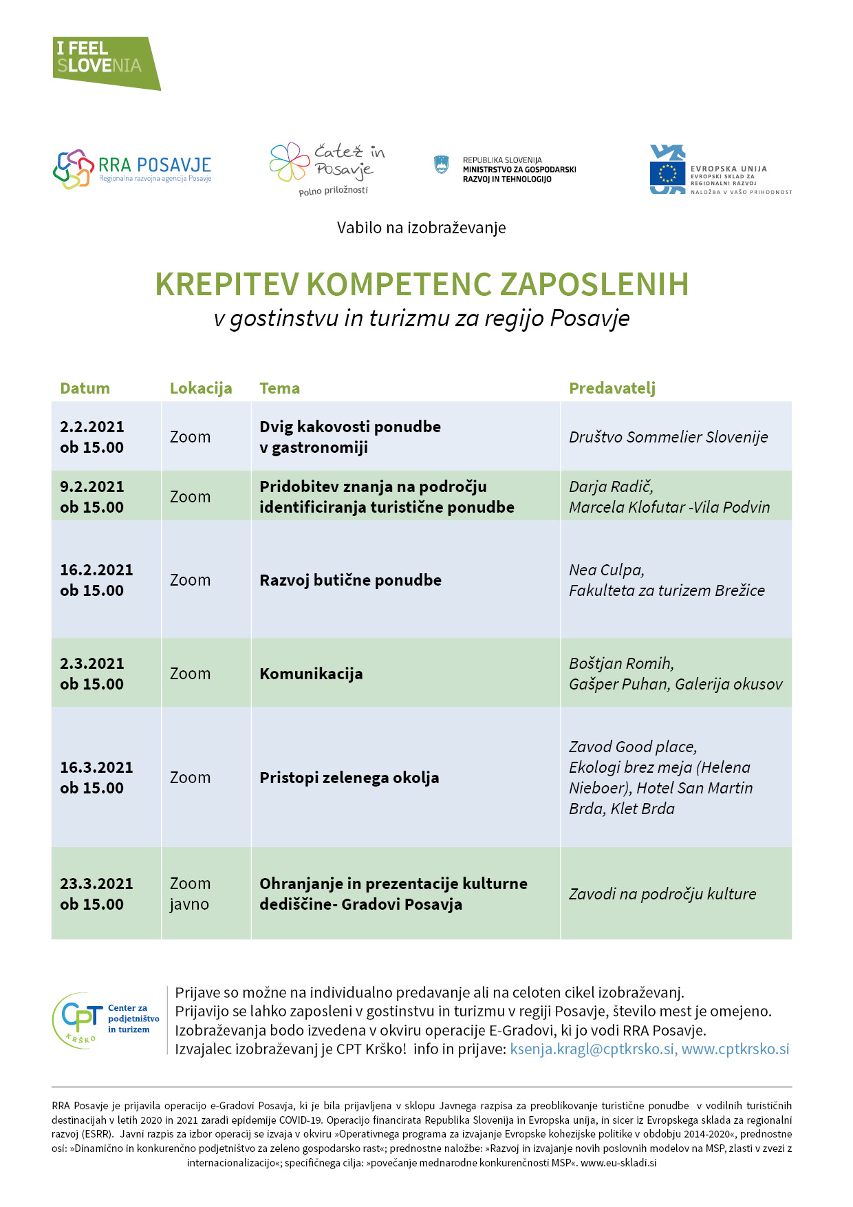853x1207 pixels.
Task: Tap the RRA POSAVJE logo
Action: coord(132,169)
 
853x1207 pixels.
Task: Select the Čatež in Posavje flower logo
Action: coord(290,162)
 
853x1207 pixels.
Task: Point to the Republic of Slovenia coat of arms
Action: coord(441,165)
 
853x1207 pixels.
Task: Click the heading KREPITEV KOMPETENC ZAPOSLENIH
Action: coord(422,284)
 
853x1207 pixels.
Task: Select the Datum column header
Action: coord(85,388)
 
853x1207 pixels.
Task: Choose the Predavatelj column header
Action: coord(612,388)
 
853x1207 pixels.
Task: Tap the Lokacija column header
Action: coord(200,388)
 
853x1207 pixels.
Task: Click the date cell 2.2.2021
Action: coord(91,427)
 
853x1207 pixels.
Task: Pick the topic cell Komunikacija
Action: coord(311,674)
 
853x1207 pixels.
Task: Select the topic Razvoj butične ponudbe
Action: coord(350,580)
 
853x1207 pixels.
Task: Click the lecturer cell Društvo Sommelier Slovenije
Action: coord(668,437)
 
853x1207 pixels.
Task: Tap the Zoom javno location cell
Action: coord(190,894)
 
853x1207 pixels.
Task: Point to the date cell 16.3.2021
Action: coord(96,767)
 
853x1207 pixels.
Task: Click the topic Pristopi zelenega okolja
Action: coord(349,778)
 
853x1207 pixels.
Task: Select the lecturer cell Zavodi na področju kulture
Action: coord(662,894)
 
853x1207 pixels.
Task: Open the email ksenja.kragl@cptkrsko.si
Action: coord(592,1049)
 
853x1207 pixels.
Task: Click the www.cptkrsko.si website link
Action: coord(735,1049)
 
